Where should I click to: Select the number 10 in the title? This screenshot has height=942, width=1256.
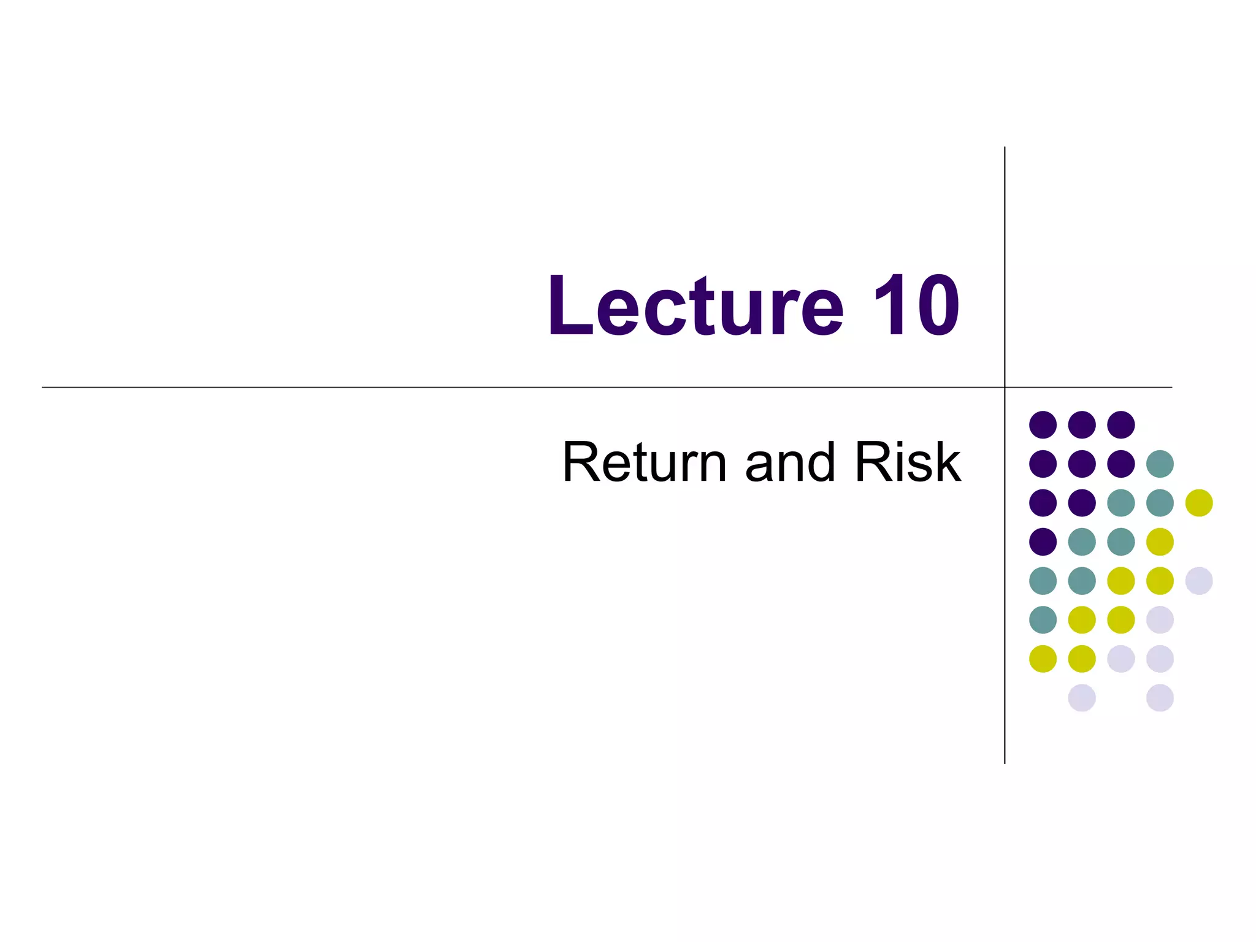916,306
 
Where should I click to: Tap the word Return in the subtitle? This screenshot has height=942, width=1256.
645,462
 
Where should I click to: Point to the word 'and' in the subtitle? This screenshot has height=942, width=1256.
790,462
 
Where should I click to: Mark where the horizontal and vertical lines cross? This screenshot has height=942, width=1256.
1005,387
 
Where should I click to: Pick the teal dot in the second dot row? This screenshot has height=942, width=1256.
1160,464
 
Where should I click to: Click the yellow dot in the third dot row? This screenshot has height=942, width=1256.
1199,503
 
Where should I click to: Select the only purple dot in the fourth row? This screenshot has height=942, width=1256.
1043,542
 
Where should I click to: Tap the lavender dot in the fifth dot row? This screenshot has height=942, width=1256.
1199,581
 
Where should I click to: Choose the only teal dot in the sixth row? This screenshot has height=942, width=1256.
1043,619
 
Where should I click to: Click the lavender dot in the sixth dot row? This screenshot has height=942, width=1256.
1160,619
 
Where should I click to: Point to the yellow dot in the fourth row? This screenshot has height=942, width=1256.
1160,542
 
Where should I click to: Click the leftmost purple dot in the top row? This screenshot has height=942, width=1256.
1043,424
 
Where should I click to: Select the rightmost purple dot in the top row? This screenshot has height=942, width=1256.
1121,424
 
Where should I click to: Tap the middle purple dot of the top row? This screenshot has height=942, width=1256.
1082,424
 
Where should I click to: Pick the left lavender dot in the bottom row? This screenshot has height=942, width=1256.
1082,698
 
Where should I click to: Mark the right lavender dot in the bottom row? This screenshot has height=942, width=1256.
1160,698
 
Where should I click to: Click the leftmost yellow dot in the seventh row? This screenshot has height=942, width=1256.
1043,659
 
